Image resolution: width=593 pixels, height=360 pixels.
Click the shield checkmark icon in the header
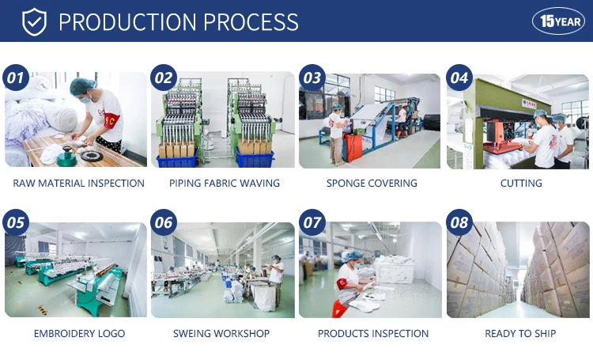pyautogui.click(x=34, y=21)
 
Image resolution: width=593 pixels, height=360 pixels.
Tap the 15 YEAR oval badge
pyautogui.click(x=558, y=21)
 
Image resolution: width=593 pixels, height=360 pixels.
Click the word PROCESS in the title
pyautogui.click(x=251, y=22)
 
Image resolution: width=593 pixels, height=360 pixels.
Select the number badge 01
pyautogui.click(x=16, y=78)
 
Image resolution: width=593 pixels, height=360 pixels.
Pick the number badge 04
pyautogui.click(x=459, y=78)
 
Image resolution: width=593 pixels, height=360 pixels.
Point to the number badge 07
pyautogui.click(x=312, y=222)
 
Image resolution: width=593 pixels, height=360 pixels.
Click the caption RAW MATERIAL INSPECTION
pyautogui.click(x=78, y=184)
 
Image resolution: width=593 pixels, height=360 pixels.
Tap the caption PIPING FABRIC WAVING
pyautogui.click(x=225, y=184)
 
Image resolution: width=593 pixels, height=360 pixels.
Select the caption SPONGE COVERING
pyautogui.click(x=372, y=184)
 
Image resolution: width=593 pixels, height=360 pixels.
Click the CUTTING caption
pyautogui.click(x=521, y=184)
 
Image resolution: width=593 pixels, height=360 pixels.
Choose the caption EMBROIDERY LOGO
pyautogui.click(x=79, y=334)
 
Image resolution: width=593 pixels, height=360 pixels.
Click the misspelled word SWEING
pyautogui.click(x=191, y=334)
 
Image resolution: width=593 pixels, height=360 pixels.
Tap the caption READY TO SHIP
pyautogui.click(x=520, y=334)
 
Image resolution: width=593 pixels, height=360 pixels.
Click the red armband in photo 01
pyautogui.click(x=112, y=121)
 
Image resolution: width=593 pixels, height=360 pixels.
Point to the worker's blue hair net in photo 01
pyautogui.click(x=82, y=87)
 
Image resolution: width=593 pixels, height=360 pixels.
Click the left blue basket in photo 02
pyautogui.click(x=176, y=160)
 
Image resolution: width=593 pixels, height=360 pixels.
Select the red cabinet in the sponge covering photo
pyautogui.click(x=353, y=147)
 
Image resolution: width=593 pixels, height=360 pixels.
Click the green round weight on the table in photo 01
pyautogui.click(x=66, y=157)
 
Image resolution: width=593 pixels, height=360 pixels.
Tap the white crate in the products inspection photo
pyautogui.click(x=395, y=272)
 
